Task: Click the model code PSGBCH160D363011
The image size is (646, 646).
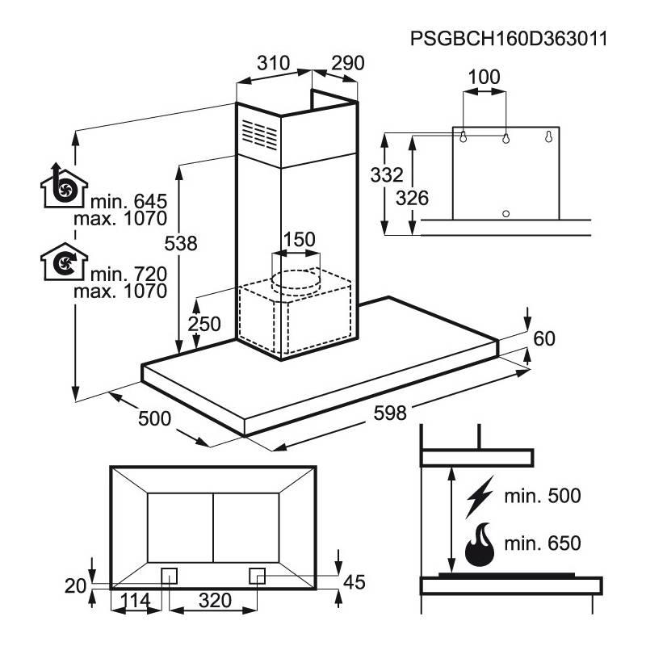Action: (x=509, y=39)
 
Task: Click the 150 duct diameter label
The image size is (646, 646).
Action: (x=299, y=241)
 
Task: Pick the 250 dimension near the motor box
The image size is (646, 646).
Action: (x=203, y=323)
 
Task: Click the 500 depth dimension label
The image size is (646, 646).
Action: (x=154, y=418)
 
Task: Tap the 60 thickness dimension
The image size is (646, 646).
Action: (x=545, y=338)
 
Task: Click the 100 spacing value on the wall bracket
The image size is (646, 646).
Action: (x=484, y=78)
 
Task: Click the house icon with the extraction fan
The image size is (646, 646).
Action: (x=62, y=187)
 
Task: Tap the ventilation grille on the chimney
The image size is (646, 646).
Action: (x=257, y=135)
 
